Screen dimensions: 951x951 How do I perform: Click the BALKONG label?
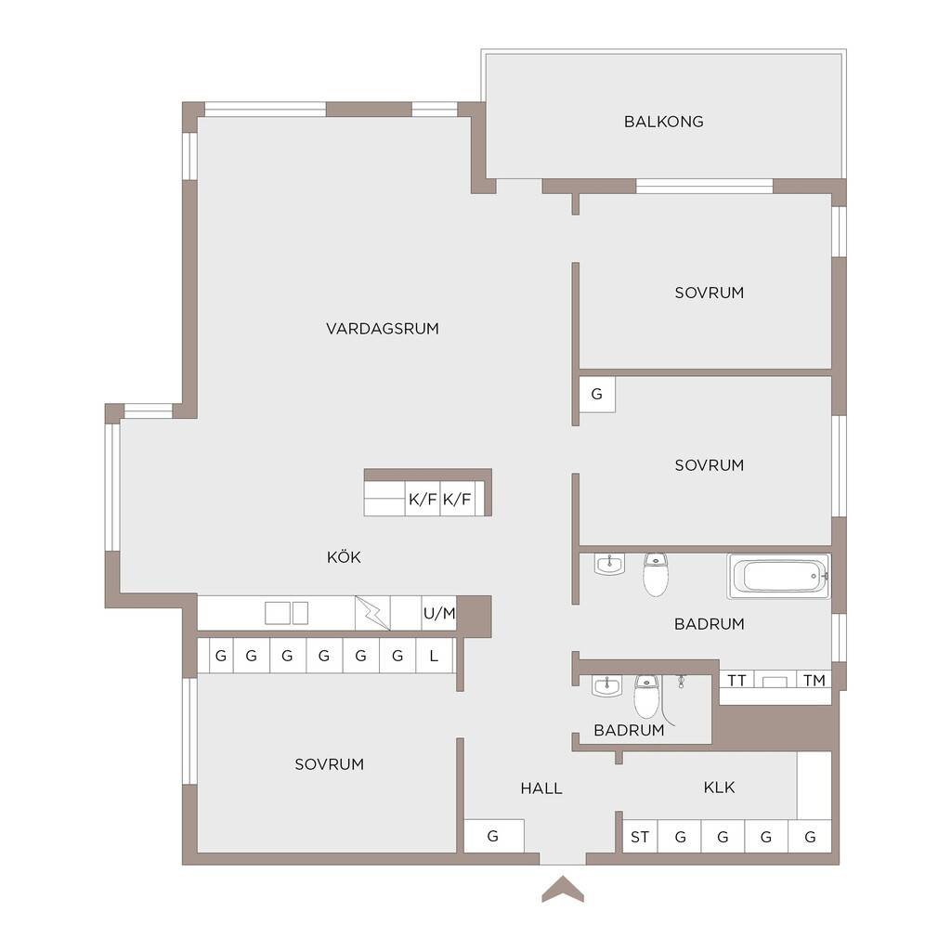click(663, 122)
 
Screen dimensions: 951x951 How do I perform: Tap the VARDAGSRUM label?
click(382, 329)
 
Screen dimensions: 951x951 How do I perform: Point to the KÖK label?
click(344, 557)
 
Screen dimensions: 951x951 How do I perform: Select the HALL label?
click(541, 788)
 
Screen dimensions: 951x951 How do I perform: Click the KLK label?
click(720, 788)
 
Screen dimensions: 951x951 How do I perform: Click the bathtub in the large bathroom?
click(779, 576)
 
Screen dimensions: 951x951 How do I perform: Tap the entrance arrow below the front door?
click(563, 889)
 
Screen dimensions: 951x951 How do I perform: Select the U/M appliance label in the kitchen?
click(439, 613)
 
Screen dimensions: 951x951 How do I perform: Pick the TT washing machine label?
click(736, 681)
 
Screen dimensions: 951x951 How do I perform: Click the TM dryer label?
click(814, 681)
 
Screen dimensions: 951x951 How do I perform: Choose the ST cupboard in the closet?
click(641, 837)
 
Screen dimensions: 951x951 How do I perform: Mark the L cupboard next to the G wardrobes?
click(435, 656)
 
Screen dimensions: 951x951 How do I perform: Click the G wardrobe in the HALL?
click(494, 837)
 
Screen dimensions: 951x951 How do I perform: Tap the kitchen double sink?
click(286, 613)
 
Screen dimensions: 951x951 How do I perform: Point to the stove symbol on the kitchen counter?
click(372, 613)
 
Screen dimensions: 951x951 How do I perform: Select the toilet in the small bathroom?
click(645, 697)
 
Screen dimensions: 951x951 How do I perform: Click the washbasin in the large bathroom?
click(609, 564)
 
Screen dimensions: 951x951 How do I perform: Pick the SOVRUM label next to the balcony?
click(709, 293)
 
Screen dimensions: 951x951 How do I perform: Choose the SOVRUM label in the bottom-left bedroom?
click(330, 764)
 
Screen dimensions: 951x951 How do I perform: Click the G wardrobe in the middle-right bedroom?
click(597, 394)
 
